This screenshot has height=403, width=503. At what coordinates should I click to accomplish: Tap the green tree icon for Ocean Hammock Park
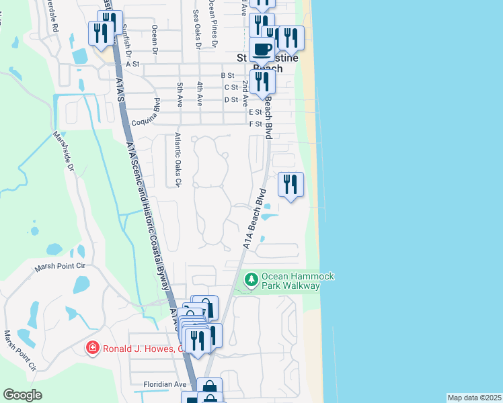(x=251, y=279)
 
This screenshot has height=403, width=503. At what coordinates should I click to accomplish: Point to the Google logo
(x=22, y=395)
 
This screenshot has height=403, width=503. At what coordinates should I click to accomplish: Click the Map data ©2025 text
(x=474, y=398)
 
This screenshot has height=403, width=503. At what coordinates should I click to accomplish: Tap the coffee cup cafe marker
(x=261, y=49)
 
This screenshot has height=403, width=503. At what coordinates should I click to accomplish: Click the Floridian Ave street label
(x=164, y=384)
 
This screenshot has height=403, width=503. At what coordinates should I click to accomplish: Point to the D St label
(x=231, y=99)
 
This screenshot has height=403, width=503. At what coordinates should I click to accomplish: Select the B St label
(x=227, y=76)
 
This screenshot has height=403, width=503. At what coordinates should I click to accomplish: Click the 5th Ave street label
(x=180, y=95)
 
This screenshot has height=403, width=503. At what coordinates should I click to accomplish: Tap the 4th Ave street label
(x=200, y=95)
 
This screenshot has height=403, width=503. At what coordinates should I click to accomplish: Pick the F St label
(x=256, y=124)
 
